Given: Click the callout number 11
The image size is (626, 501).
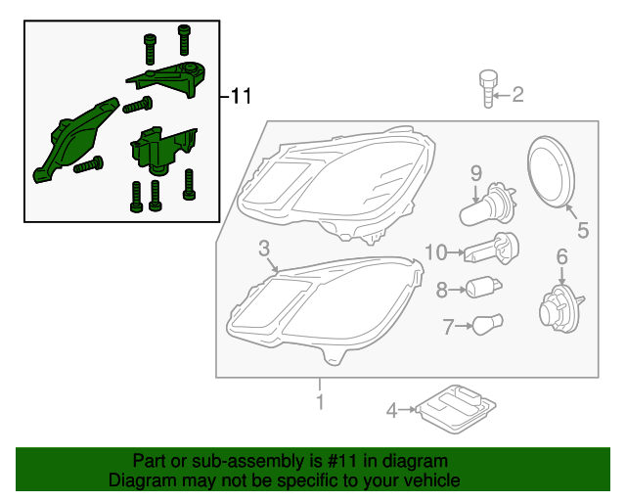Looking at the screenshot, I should (x=241, y=96).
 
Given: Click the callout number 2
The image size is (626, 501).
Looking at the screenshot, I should (x=518, y=95).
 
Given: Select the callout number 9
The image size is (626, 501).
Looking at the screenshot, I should (x=476, y=174).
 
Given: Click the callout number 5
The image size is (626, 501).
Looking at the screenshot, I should (x=582, y=231).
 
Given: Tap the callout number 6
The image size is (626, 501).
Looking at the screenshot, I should (x=561, y=256).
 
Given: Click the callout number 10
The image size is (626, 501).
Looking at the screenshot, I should (x=435, y=252).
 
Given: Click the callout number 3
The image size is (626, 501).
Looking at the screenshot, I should (x=264, y=249).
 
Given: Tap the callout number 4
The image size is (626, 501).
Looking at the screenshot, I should (x=391, y=411).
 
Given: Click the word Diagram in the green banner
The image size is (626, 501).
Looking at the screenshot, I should (x=137, y=480).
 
